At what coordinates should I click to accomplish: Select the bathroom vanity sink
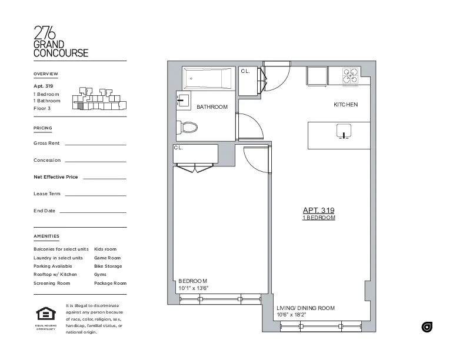(182, 100)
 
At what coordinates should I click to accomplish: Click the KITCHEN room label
(345, 105)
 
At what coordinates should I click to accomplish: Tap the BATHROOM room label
(212, 107)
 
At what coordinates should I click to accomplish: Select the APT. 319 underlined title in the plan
(318, 210)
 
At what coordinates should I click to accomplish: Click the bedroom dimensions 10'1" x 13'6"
(194, 288)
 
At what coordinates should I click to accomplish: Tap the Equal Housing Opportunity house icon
(45, 314)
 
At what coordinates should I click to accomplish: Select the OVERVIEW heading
(46, 74)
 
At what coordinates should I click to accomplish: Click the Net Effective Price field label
(56, 177)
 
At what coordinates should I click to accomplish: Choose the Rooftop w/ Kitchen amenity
(55, 275)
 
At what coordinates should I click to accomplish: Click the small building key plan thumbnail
(98, 99)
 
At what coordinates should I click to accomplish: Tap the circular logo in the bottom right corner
(427, 327)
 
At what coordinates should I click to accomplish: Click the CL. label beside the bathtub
(245, 71)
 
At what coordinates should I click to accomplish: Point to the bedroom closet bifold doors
(195, 169)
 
